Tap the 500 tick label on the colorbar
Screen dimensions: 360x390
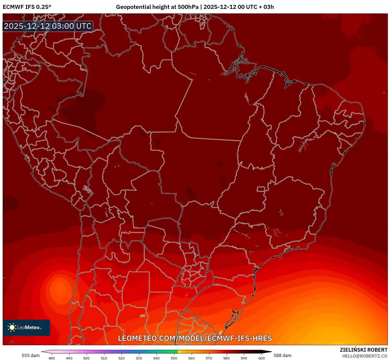point(86,358)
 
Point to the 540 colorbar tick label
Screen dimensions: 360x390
point(156,358)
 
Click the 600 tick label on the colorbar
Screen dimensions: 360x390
point(262,358)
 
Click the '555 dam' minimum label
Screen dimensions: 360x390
point(30,355)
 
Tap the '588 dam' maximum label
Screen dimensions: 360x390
point(282,355)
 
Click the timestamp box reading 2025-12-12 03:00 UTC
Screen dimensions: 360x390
point(48,26)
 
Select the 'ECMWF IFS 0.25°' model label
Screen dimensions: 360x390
point(27,7)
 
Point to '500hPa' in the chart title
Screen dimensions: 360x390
point(188,7)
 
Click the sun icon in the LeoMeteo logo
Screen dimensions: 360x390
point(12,327)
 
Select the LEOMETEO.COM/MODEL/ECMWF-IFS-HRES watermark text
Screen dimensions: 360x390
point(195,338)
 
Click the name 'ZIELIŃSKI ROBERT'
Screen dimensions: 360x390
point(363,350)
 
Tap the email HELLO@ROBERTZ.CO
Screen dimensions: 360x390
point(365,356)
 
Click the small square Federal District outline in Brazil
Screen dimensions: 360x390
point(261,189)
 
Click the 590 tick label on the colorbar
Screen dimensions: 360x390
point(244,358)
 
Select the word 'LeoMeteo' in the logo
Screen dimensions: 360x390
point(28,327)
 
